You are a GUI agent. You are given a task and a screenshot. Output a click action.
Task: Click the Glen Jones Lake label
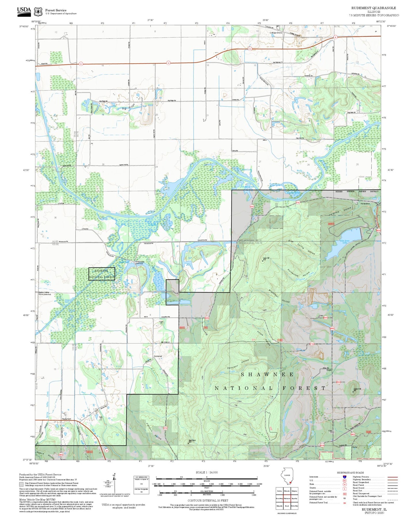click(x=345, y=242)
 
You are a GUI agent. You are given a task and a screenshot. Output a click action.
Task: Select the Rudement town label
click(x=67, y=419)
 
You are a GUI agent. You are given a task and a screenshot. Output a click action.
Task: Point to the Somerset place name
click(x=158, y=356)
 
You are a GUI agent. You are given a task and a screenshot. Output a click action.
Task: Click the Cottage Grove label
click(x=276, y=33)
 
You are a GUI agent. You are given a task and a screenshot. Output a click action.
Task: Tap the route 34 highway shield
click(x=107, y=450)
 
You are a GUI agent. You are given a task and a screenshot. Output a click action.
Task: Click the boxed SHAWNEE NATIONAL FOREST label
click(x=102, y=274)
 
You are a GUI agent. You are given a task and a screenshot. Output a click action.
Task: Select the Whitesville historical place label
click(x=139, y=262)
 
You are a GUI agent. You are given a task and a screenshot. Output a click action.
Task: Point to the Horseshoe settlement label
click(x=365, y=204)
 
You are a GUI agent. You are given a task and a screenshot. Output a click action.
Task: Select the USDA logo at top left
click(x=24, y=10)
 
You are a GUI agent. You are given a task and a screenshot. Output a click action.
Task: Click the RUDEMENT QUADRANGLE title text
click(x=373, y=8)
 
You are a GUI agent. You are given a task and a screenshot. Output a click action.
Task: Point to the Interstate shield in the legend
click(x=344, y=477)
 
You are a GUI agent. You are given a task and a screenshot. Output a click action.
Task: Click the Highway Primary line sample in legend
click(x=392, y=477)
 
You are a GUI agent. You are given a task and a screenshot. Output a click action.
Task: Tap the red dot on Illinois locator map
click(x=290, y=483)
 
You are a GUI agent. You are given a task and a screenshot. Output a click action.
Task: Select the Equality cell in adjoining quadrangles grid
click(x=294, y=498)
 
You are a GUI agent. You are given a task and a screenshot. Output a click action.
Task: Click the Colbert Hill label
click(x=357, y=389)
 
